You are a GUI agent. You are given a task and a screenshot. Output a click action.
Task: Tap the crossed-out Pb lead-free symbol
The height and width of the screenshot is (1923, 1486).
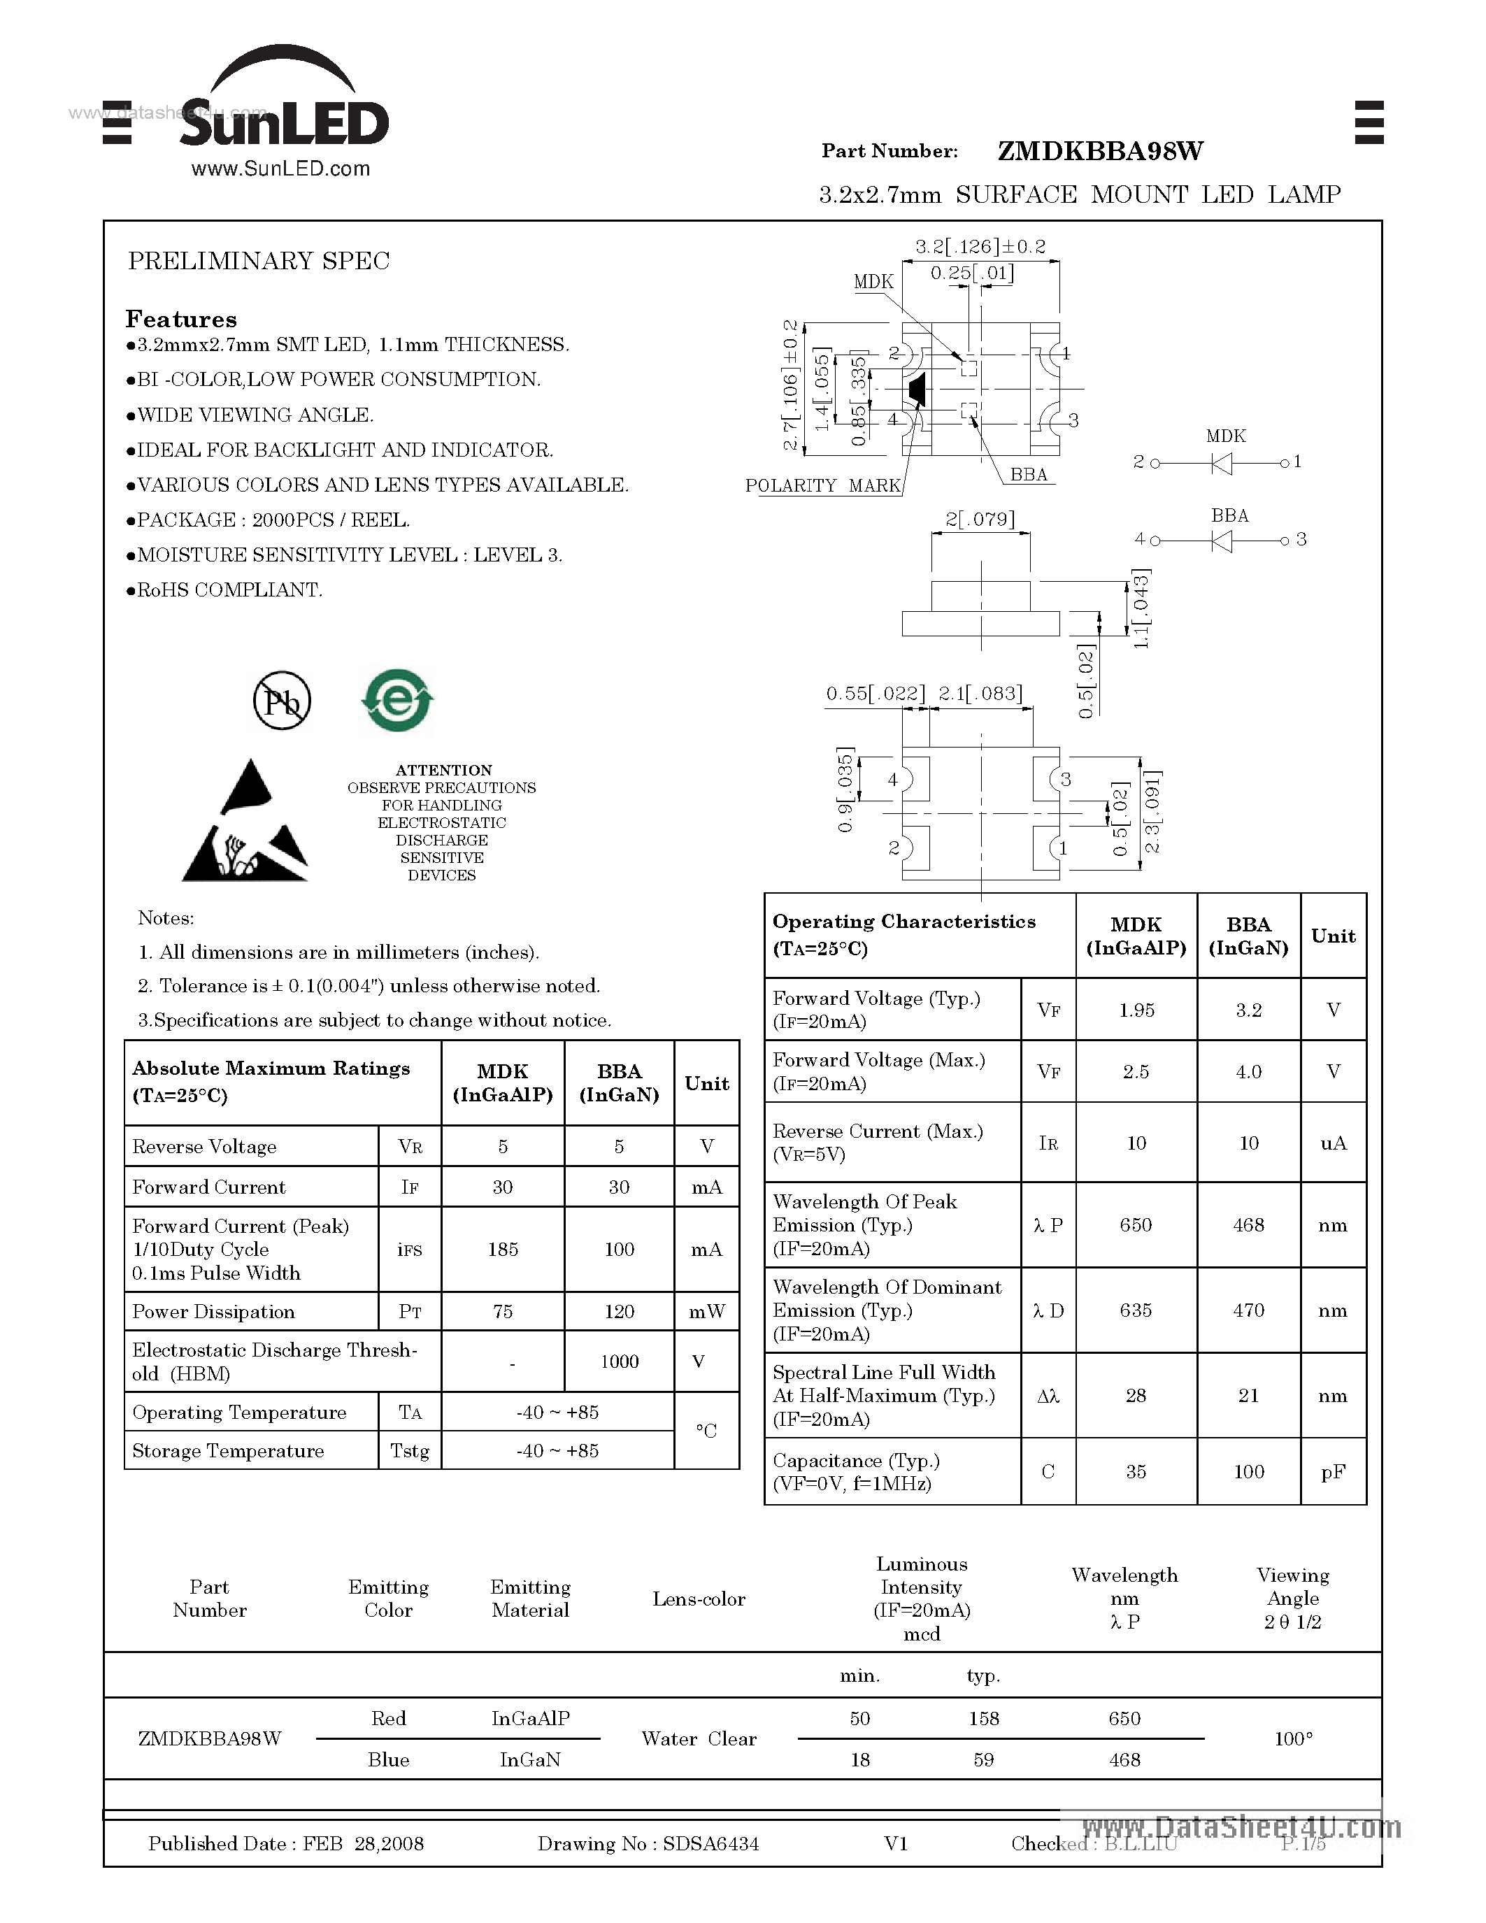282,701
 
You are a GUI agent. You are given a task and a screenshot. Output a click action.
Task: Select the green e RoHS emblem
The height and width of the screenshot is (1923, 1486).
397,700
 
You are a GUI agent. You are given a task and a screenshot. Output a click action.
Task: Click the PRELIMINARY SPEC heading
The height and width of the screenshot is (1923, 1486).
259,261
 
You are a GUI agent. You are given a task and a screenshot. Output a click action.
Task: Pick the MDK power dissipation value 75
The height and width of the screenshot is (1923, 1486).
503,1311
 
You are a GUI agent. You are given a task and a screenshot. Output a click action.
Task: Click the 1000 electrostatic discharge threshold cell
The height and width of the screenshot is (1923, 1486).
619,1361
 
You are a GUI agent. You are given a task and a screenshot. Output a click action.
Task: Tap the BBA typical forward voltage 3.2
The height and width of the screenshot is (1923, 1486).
1248,1010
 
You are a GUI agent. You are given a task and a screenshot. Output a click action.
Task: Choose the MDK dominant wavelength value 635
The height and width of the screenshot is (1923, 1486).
1136,1310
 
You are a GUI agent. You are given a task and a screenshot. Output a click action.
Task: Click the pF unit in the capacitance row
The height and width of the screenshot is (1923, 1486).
1333,1471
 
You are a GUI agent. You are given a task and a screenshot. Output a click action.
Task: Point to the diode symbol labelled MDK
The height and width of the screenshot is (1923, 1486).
1222,463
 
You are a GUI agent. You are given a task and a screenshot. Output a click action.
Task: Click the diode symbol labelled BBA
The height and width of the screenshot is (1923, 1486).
1222,541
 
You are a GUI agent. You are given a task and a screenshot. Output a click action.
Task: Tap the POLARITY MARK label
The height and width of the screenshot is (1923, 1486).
822,486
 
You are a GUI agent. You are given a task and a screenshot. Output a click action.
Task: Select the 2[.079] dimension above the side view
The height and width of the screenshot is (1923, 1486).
980,520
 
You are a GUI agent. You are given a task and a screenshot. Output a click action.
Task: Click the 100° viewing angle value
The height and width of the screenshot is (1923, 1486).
1292,1739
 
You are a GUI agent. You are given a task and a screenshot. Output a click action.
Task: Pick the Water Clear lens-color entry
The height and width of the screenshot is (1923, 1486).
699,1739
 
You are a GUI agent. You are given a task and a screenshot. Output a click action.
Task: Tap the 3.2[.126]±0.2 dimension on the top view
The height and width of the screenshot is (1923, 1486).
980,247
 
